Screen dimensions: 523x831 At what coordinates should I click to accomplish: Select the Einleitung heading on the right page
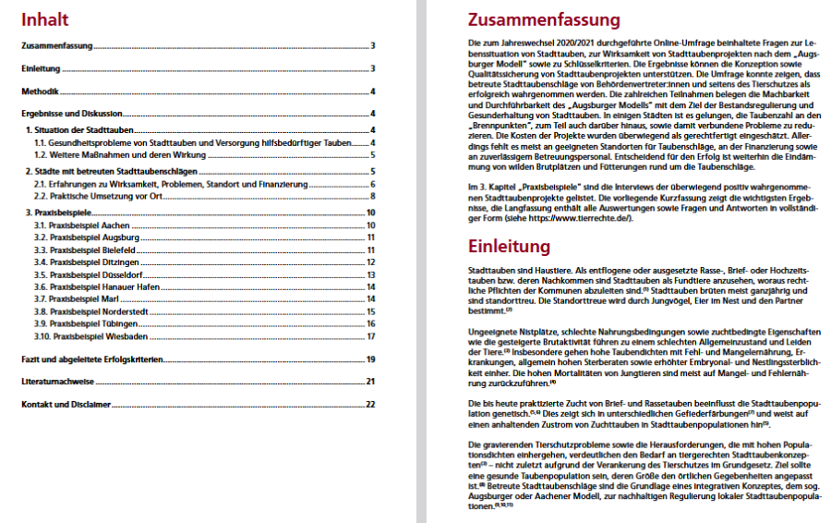click(x=510, y=247)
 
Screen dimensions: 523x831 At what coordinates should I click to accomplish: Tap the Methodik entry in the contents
click(x=41, y=92)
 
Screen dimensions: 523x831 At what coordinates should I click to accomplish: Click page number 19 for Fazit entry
click(x=370, y=359)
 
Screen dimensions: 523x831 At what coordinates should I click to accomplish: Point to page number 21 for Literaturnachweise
click(x=370, y=381)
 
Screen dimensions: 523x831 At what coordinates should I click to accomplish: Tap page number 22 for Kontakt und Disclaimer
click(x=370, y=404)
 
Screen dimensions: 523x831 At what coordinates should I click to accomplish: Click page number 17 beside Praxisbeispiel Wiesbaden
click(x=370, y=336)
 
